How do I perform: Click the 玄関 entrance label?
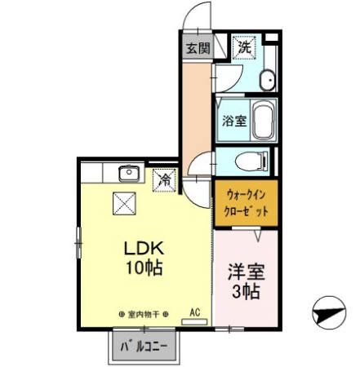click(x=197, y=49)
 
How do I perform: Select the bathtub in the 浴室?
click(x=261, y=121)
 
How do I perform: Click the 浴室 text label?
click(x=233, y=122)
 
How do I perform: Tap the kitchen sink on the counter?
click(x=128, y=174)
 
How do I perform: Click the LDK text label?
click(x=144, y=248)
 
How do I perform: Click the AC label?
click(x=195, y=312)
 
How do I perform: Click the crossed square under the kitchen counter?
click(x=124, y=201)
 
